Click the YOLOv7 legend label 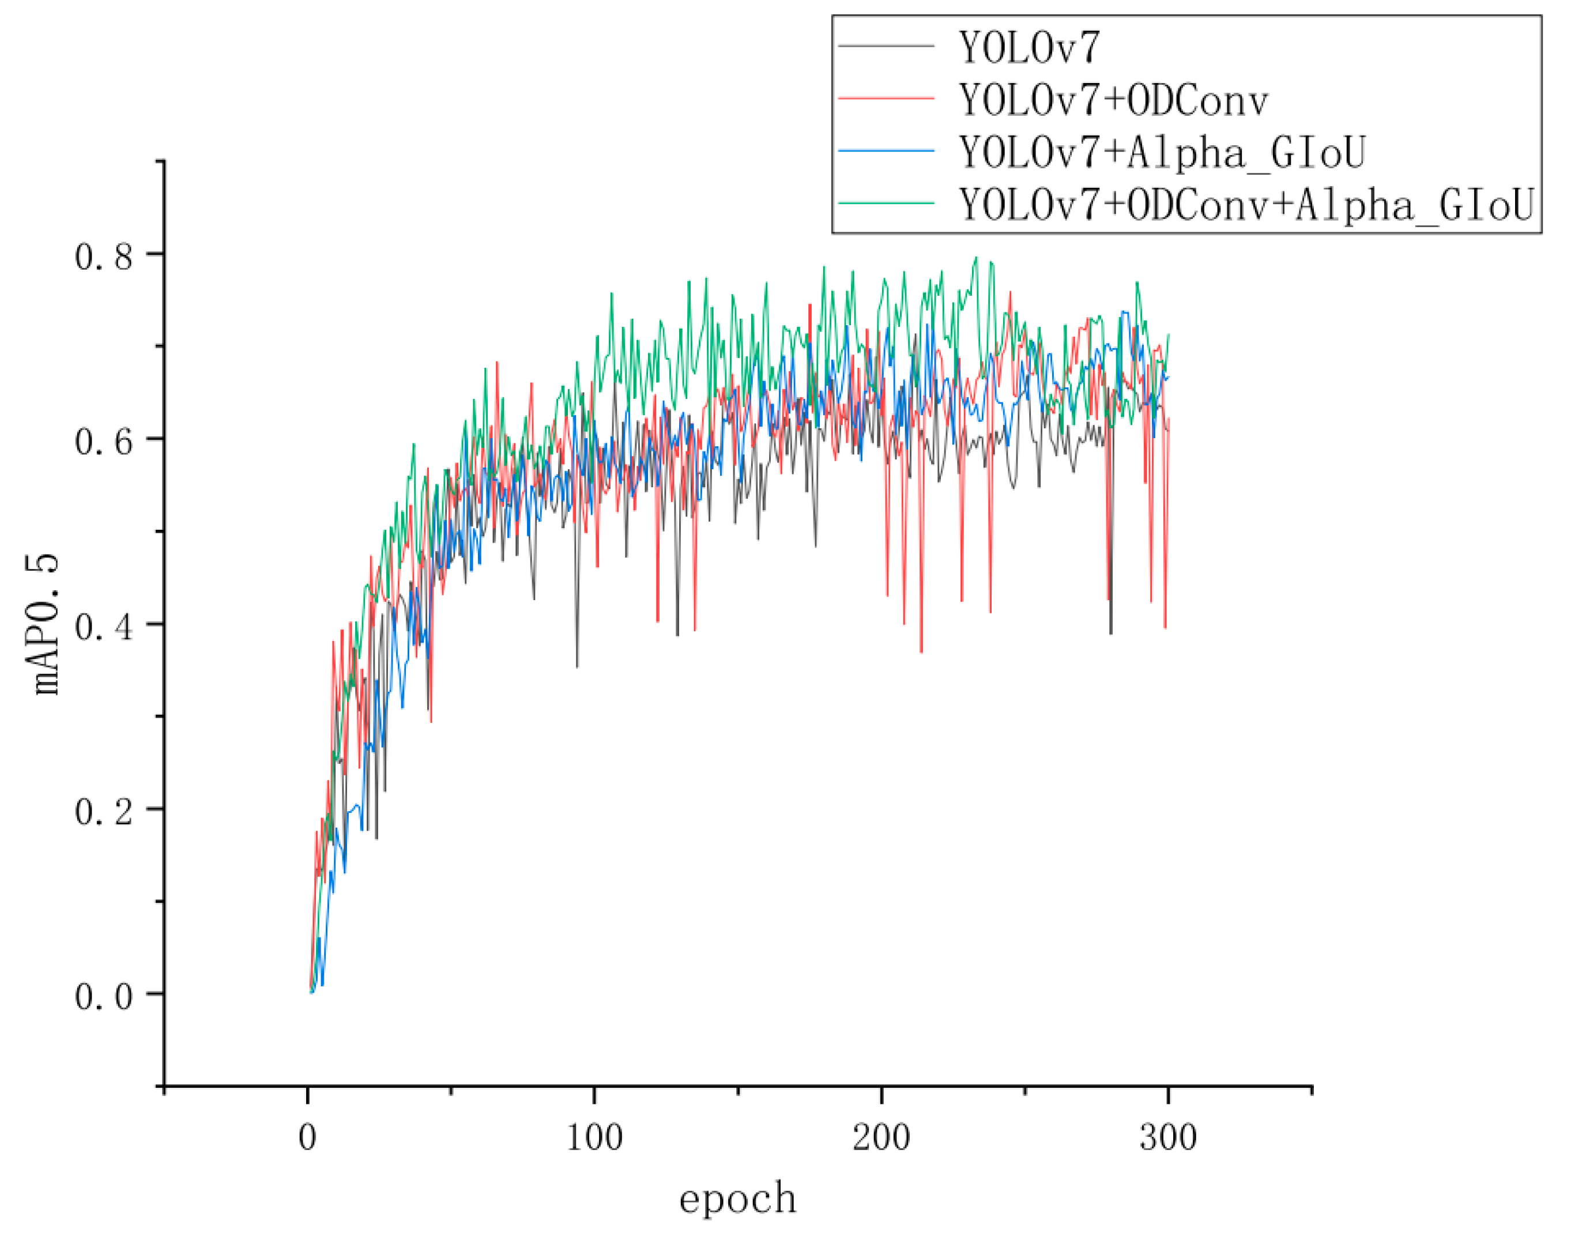pos(1028,48)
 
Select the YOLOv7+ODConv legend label pos(1113,100)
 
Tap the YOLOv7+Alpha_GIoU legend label pos(1162,152)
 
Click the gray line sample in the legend pos(886,46)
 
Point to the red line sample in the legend pos(886,97)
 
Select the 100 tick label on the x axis pos(594,1137)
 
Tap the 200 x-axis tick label pos(881,1137)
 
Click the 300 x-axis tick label pos(1169,1137)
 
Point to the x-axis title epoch pos(737,1200)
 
